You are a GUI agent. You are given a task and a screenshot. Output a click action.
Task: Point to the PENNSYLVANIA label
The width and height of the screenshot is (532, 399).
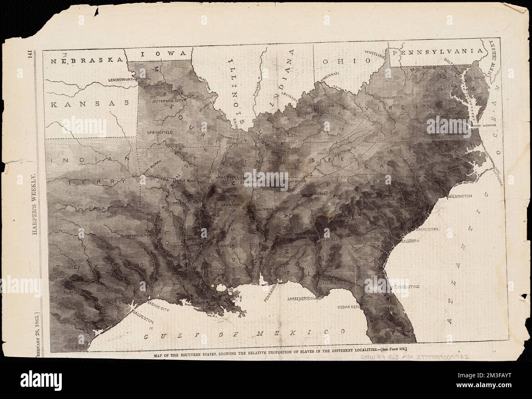[x=437, y=52]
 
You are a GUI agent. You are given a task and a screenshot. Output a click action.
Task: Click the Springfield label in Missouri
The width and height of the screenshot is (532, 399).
[x=160, y=133]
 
